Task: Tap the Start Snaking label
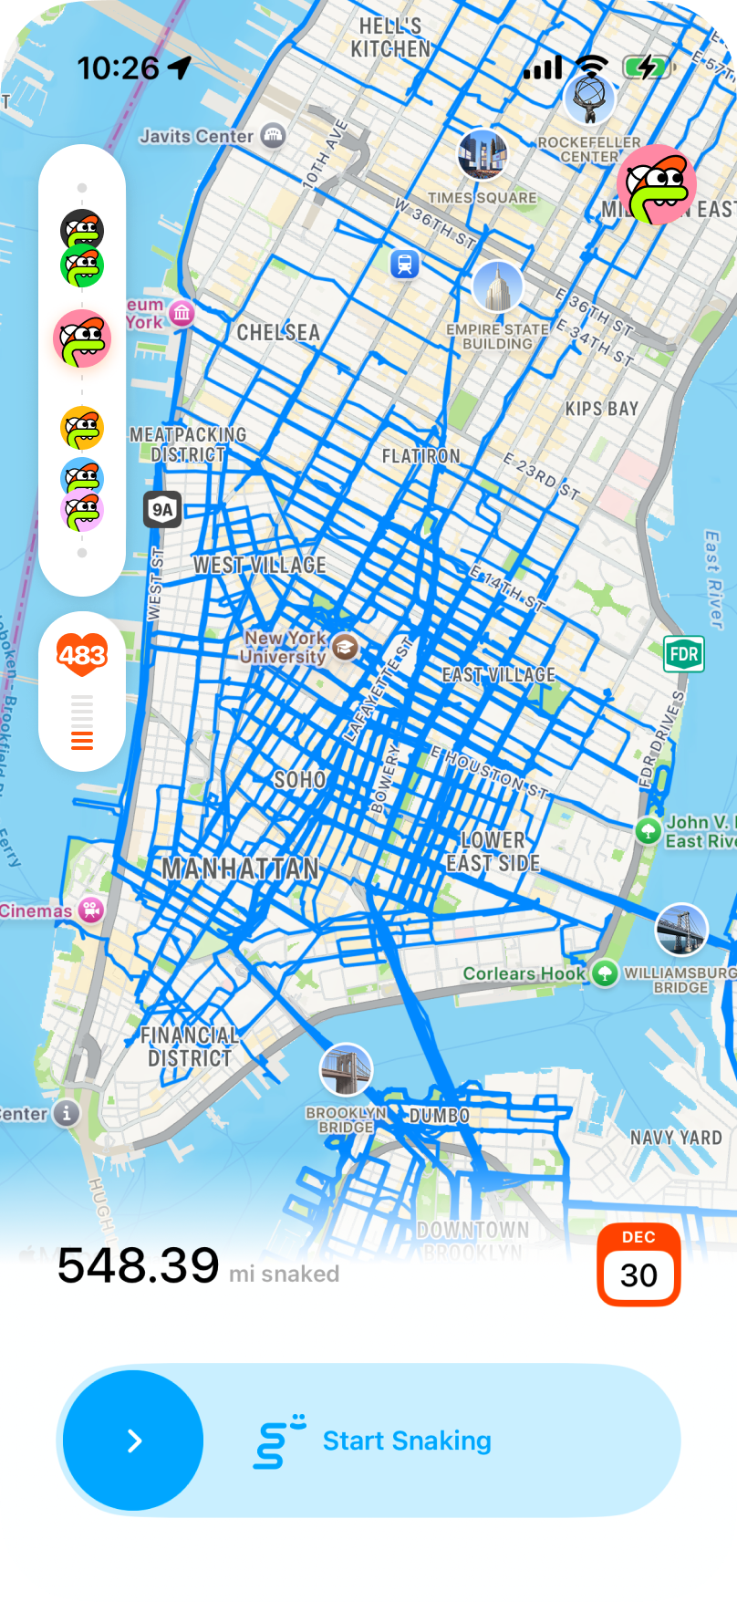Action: click(x=407, y=1441)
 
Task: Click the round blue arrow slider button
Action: click(x=134, y=1441)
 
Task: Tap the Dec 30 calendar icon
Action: click(x=638, y=1264)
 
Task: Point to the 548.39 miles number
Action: click(x=139, y=1265)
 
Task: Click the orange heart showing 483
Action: click(x=82, y=654)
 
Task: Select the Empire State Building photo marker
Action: click(x=497, y=286)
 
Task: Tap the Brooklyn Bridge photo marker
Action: click(x=346, y=1069)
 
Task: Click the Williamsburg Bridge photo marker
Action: click(x=681, y=930)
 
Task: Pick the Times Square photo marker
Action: click(x=482, y=153)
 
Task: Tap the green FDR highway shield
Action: click(x=683, y=653)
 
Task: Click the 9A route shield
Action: click(x=162, y=510)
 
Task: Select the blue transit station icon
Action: click(x=404, y=265)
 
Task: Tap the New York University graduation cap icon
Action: click(x=345, y=648)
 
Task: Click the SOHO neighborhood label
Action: click(x=300, y=779)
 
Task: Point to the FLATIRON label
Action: click(x=421, y=455)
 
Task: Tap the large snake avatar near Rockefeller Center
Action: click(x=657, y=184)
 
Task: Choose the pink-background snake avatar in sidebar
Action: click(x=82, y=338)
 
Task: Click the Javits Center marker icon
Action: click(x=273, y=136)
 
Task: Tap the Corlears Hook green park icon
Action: click(x=604, y=973)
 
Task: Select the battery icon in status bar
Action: click(x=648, y=67)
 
